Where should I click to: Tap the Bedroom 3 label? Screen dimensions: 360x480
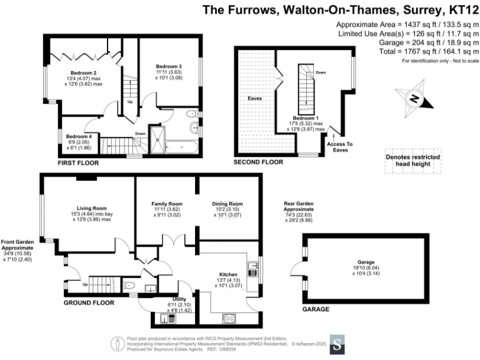[169, 66]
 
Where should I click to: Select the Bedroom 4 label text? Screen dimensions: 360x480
[79, 136]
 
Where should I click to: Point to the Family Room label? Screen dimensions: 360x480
[167, 204]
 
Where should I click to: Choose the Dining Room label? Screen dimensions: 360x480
[227, 204]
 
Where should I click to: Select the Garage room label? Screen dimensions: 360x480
[366, 262]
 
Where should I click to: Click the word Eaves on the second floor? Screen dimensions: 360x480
[254, 99]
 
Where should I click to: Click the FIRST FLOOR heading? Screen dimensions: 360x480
[77, 162]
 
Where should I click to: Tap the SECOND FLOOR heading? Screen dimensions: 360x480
[258, 162]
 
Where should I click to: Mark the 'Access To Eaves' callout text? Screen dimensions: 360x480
[339, 147]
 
